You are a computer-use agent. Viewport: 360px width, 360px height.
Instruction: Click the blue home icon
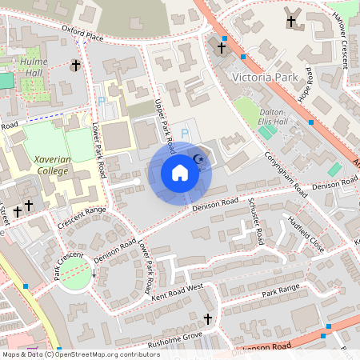(180, 173)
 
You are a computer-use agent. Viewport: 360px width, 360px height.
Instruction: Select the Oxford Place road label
(82, 32)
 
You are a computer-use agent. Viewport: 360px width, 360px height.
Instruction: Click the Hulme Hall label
(34, 66)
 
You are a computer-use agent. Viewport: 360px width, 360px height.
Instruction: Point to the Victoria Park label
(263, 78)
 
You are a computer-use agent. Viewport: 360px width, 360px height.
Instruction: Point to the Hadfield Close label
(306, 233)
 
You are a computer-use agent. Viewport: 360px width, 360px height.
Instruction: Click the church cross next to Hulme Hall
(76, 65)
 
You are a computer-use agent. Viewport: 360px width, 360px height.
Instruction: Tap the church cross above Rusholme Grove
(208, 320)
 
